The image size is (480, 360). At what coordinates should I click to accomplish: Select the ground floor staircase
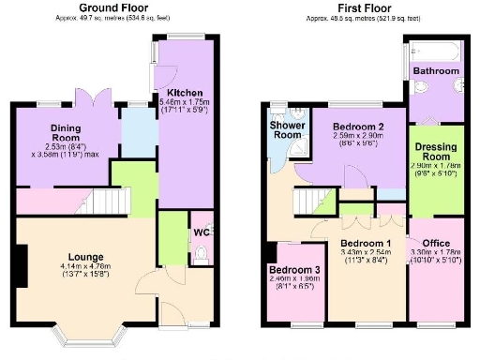coord(112,201)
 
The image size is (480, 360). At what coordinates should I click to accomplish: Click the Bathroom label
coord(437,70)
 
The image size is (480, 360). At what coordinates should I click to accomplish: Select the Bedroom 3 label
coord(291,269)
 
